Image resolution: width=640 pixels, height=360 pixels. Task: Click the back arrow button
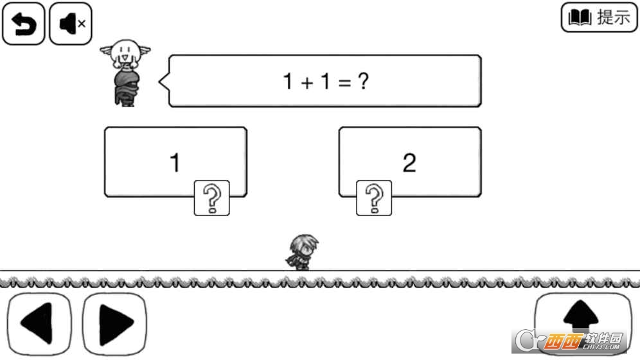(23, 23)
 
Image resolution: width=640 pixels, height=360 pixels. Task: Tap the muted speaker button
(71, 23)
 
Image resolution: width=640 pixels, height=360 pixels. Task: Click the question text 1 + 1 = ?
(325, 82)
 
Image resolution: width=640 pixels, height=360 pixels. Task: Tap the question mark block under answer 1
(211, 198)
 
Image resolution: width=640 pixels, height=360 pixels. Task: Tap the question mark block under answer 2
(374, 198)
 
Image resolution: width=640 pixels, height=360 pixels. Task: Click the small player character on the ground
(301, 252)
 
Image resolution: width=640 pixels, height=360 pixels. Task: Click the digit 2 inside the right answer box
(409, 163)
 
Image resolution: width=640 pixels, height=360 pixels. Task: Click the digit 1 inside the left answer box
(175, 163)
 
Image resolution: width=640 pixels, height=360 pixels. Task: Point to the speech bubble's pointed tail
(163, 82)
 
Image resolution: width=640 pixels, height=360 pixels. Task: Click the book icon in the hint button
(580, 18)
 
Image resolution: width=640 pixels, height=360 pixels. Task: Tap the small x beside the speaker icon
(82, 24)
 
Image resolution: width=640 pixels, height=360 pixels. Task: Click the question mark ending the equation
(363, 82)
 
